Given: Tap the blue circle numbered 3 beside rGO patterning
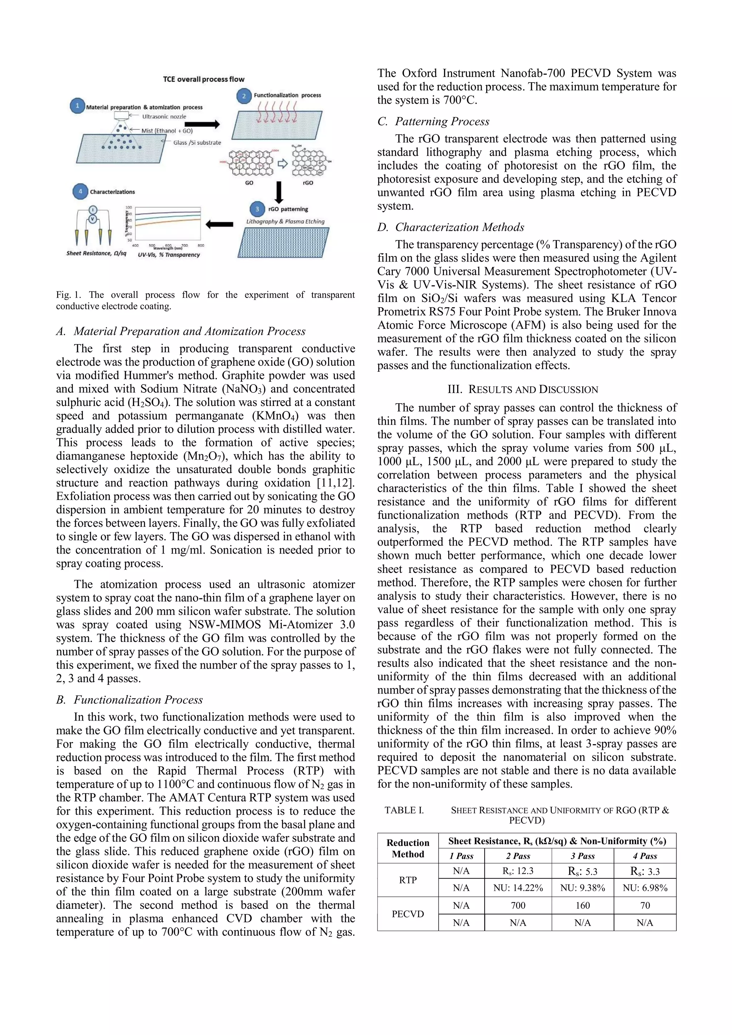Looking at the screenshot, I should coord(257,209).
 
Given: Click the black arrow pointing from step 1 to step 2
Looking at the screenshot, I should coord(202,124).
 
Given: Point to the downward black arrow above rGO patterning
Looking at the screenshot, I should coord(279,192).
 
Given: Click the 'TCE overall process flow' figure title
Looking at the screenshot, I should coord(204,79).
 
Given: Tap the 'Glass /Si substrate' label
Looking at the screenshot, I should coord(197,143).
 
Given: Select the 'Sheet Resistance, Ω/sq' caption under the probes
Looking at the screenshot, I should coord(97,253).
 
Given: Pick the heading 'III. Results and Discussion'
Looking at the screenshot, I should coord(526,390).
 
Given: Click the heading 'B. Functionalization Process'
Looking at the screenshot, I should coord(129,700).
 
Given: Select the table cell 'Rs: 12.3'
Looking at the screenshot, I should coord(518,871).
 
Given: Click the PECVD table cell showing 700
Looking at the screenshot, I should coord(518,906).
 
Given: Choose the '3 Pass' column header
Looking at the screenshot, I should coord(582,856).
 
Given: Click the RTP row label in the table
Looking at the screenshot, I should coord(408,880).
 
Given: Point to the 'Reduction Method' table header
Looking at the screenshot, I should coord(408,848).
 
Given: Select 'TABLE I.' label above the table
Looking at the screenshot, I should coord(404,810).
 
